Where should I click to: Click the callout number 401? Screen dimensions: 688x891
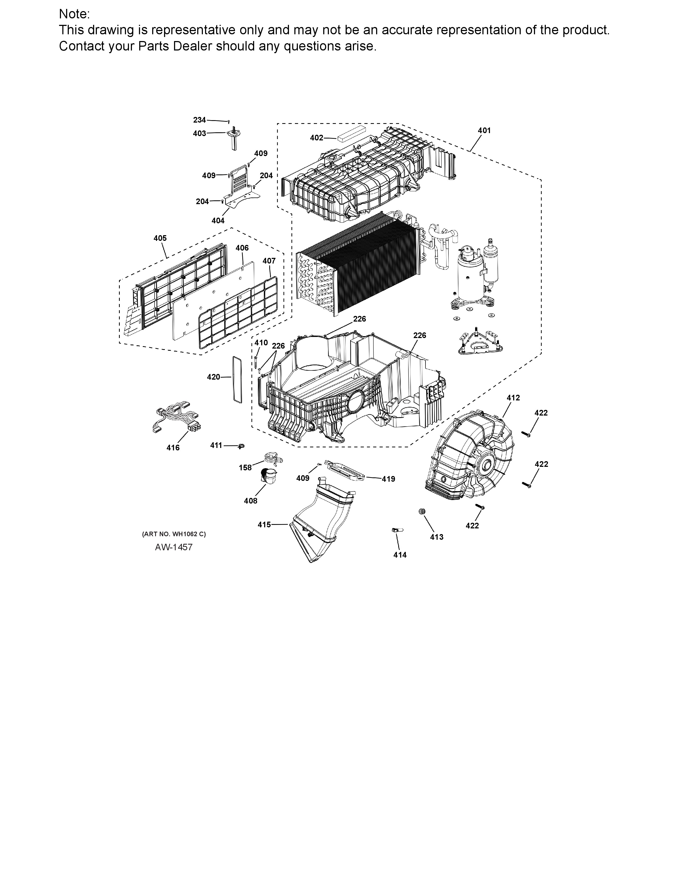pyautogui.click(x=484, y=131)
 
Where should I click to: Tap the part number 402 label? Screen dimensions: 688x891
pyautogui.click(x=317, y=138)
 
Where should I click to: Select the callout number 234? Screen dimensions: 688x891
pyautogui.click(x=199, y=120)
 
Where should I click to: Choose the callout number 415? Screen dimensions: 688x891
pyautogui.click(x=264, y=525)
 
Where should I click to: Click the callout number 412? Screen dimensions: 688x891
pyautogui.click(x=513, y=398)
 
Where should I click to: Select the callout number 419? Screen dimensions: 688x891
pyautogui.click(x=389, y=479)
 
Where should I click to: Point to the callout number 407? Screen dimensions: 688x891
pyautogui.click(x=269, y=261)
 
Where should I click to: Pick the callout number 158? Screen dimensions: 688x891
pyautogui.click(x=245, y=468)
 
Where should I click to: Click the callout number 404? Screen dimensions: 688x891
pyautogui.click(x=218, y=221)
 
